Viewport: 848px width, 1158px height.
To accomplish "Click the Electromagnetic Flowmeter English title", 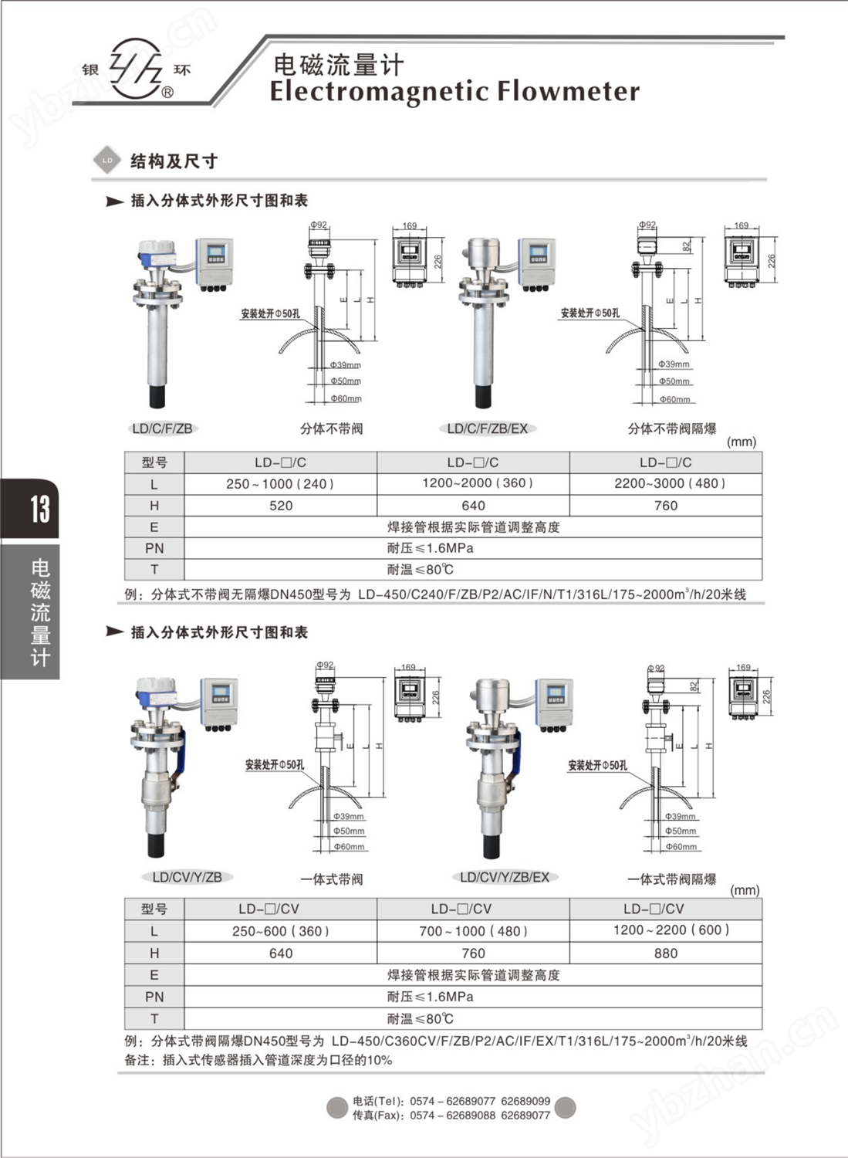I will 454,92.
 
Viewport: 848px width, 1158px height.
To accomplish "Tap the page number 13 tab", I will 39,509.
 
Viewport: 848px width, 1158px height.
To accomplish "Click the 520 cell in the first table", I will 281,506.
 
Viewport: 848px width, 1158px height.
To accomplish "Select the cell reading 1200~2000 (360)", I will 473,483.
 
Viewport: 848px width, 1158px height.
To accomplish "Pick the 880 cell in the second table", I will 665,953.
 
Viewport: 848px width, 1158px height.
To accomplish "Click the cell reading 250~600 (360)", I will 281,931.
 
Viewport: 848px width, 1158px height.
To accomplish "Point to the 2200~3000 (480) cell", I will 665,483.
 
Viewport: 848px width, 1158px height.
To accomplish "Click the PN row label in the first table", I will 154,548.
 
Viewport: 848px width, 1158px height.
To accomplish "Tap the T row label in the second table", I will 154,1018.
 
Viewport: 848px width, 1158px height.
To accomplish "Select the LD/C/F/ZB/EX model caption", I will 488,428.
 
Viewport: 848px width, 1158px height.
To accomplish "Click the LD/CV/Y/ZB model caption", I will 187,877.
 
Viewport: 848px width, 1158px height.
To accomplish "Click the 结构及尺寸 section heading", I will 174,161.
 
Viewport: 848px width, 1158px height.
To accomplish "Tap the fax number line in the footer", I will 451,1116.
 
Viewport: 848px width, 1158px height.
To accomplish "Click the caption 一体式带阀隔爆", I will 671,879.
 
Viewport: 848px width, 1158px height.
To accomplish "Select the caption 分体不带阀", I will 331,428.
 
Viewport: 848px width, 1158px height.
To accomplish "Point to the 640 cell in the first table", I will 473,506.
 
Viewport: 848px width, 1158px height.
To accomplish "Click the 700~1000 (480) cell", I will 473,931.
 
